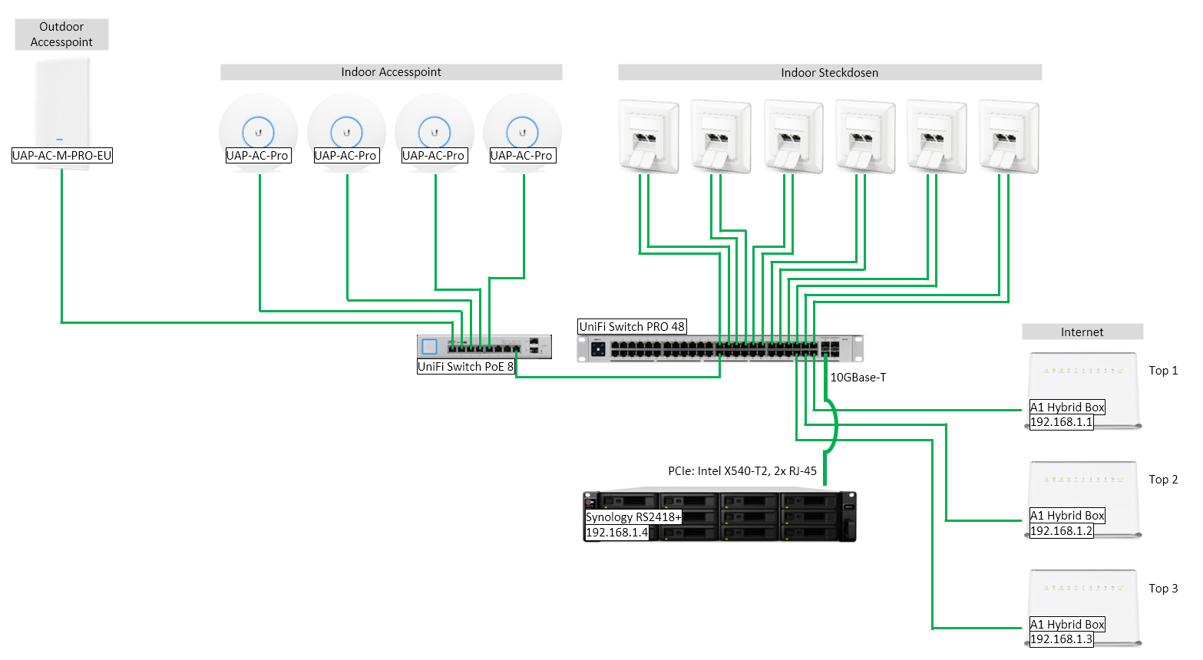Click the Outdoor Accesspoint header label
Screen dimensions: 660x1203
coord(61,35)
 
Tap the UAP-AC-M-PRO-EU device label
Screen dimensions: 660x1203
coord(62,156)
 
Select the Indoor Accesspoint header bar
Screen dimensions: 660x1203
coord(391,72)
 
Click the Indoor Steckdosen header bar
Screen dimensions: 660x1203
coord(829,73)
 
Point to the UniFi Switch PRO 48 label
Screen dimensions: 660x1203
coord(632,327)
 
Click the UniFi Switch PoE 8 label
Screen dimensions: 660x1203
coord(465,367)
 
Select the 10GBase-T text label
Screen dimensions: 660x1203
coord(858,378)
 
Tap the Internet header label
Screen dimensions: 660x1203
coord(1082,332)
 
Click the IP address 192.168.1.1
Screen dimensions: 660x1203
coord(1061,422)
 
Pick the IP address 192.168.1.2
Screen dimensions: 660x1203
coord(1061,531)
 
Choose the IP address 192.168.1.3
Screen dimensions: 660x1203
coord(1061,639)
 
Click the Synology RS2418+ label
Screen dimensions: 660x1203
coord(633,517)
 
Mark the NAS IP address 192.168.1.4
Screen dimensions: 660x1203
coord(616,533)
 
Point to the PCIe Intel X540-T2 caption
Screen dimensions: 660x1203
coord(742,471)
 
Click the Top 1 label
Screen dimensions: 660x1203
coord(1163,371)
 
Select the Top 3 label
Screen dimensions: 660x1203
coord(1163,589)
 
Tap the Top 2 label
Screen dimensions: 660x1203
coord(1163,480)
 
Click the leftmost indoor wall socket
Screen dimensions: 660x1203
coord(649,136)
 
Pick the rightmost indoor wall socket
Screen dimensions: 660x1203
coord(1009,136)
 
